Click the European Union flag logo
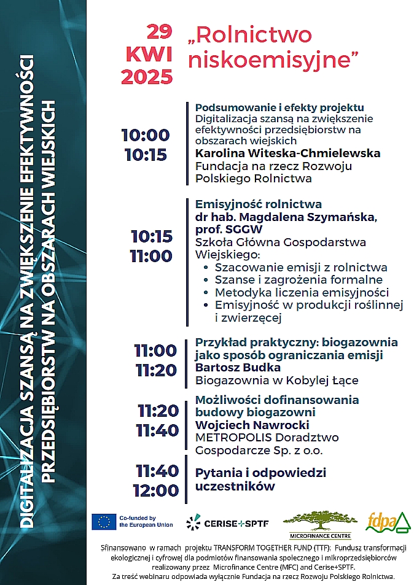click(x=104, y=522)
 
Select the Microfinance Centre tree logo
click(x=319, y=521)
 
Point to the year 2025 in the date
click(x=147, y=77)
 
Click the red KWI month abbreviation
click(x=149, y=55)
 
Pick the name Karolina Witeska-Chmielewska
click(x=287, y=153)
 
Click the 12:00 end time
click(x=156, y=490)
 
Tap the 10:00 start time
click(x=145, y=135)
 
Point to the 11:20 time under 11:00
click(x=156, y=371)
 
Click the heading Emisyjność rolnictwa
click(x=258, y=204)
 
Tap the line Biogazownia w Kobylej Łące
click(x=276, y=380)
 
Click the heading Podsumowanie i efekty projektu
click(x=279, y=107)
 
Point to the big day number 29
click(x=160, y=31)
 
